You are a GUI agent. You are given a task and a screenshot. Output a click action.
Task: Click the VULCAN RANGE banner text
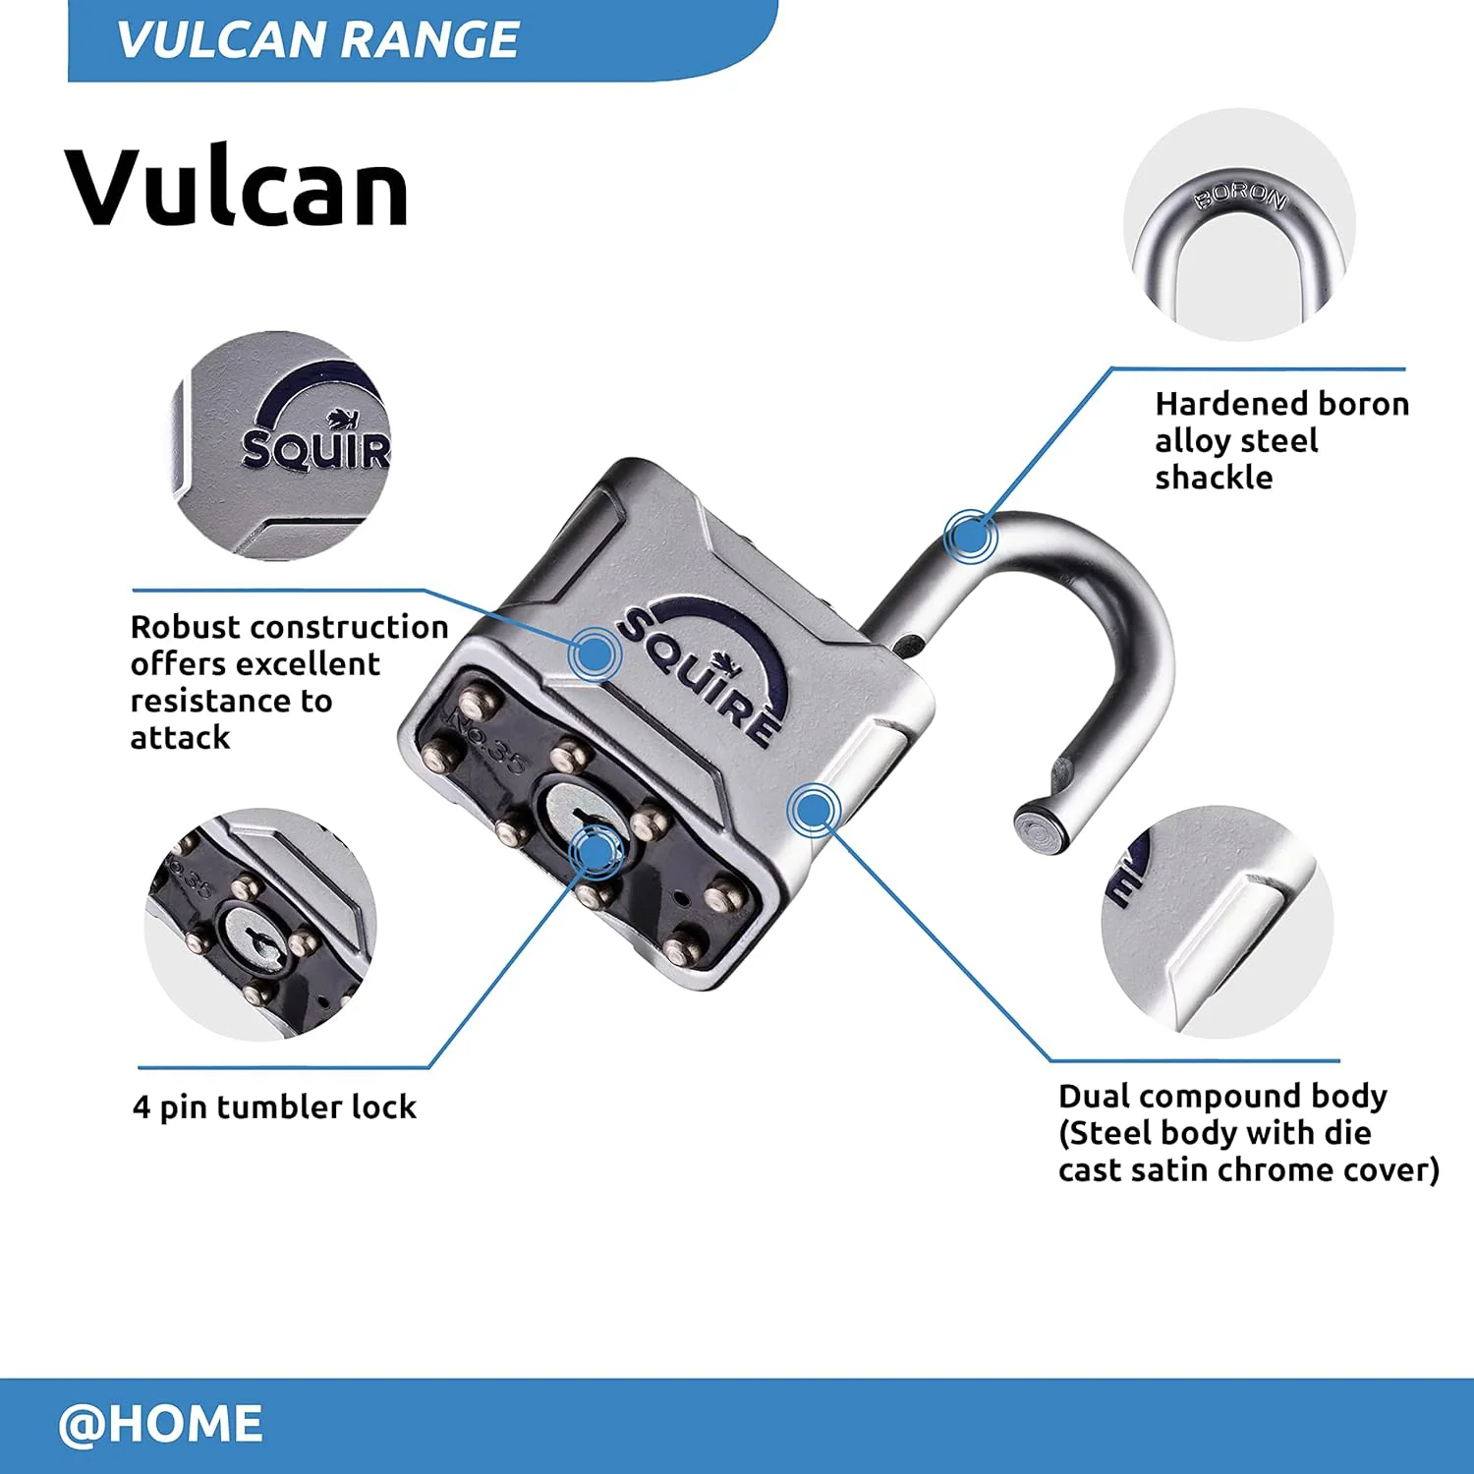[317, 39]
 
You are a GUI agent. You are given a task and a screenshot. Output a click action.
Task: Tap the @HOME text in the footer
[160, 1424]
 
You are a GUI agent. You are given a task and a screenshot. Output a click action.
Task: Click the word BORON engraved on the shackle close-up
[1240, 196]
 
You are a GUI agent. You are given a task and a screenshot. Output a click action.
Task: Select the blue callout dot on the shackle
[970, 537]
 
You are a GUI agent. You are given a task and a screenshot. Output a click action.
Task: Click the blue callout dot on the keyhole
[595, 851]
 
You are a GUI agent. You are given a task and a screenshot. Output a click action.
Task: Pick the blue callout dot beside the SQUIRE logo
[594, 653]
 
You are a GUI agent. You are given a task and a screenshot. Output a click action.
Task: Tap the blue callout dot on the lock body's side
[813, 811]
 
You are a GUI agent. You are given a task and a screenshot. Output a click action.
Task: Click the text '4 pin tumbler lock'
[274, 1107]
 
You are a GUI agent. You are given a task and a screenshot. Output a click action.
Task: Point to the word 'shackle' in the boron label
[1214, 478]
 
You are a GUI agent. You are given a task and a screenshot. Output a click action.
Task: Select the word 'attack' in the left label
[180, 738]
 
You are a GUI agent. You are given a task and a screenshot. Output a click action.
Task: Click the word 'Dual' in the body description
[1095, 1096]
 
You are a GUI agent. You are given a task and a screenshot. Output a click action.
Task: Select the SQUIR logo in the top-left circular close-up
[314, 432]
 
